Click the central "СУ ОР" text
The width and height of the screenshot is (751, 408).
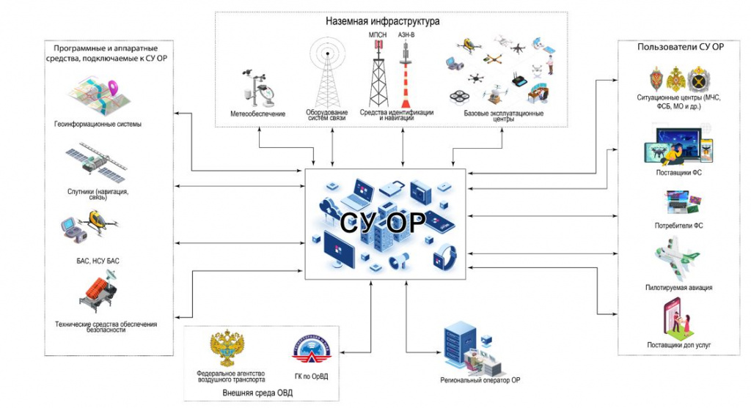[383, 222]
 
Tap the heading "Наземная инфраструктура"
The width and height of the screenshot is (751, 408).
[382, 21]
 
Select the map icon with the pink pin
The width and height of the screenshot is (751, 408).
[99, 95]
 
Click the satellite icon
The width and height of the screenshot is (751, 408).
[96, 162]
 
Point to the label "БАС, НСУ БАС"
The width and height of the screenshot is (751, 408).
[98, 262]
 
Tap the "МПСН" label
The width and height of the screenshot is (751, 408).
[378, 35]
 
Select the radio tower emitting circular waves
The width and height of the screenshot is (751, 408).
[328, 73]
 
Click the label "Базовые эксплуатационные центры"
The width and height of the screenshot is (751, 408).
[503, 116]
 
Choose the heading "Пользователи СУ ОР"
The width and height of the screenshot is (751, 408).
[680, 47]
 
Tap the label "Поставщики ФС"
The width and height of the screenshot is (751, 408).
[678, 173]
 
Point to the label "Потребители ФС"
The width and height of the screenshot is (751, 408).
[678, 226]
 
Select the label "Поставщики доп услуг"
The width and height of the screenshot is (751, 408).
[679, 345]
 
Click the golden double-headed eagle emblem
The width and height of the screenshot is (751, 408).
[227, 348]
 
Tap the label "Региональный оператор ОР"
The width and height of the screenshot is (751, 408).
[480, 380]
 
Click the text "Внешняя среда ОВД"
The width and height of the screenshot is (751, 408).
[257, 393]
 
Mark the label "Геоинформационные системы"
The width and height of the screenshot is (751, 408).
[98, 125]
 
